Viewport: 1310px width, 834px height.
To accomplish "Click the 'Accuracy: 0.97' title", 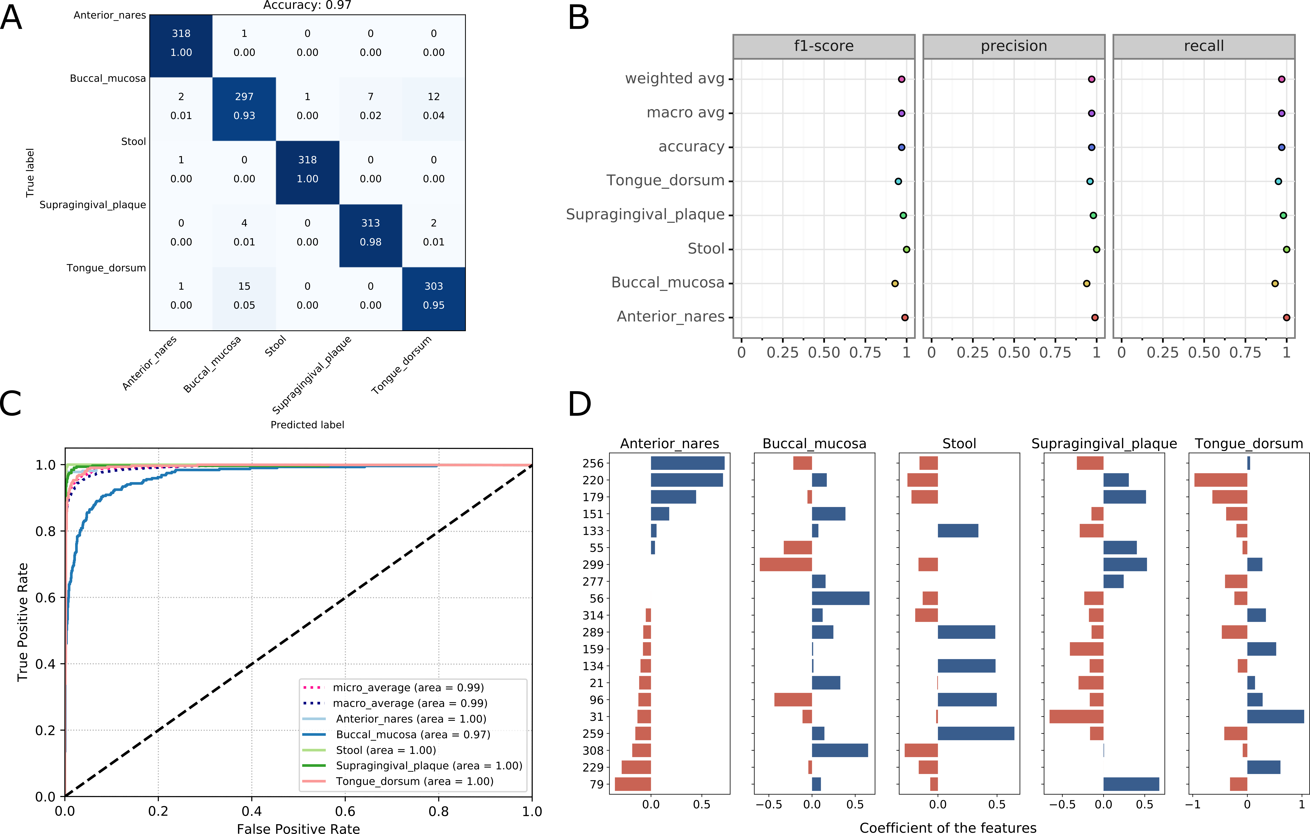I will pos(307,5).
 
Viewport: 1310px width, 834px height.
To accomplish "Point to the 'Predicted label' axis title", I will pos(307,425).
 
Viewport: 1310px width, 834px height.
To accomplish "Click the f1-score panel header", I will pos(824,46).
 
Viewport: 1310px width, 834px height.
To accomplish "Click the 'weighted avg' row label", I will pos(675,79).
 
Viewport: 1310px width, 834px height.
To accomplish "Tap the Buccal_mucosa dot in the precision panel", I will pos(1086,284).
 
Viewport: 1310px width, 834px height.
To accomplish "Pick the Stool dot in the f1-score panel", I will pos(906,249).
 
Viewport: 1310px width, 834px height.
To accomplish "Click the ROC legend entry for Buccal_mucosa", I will pos(412,734).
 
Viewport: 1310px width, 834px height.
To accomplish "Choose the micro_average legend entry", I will pos(408,688).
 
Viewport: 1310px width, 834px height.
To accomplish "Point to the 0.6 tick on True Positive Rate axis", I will pos(46,598).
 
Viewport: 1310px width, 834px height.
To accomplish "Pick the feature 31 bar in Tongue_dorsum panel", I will pos(1275,716).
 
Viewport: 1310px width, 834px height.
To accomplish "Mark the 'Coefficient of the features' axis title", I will pos(948,827).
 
